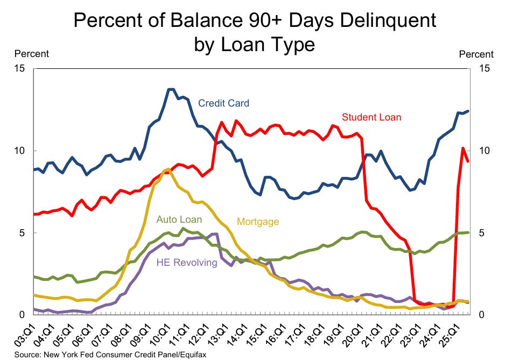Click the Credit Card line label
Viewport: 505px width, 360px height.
click(x=223, y=103)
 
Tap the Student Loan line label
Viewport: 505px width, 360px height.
click(x=371, y=117)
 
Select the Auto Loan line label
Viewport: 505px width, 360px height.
click(x=179, y=220)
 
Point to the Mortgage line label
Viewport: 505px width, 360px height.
click(x=258, y=221)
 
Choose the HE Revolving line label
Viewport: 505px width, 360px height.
click(x=187, y=263)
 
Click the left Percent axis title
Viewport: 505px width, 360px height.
click(x=31, y=54)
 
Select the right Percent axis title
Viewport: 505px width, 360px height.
click(x=476, y=54)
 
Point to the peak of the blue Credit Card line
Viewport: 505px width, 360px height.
click(x=171, y=89)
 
